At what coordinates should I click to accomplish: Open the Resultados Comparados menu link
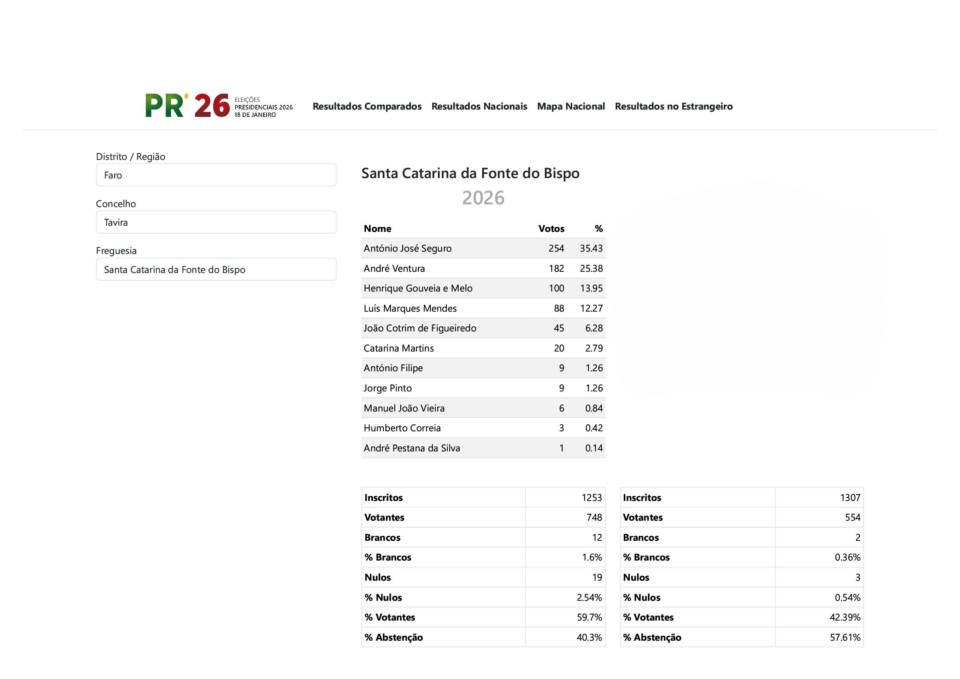pos(367,106)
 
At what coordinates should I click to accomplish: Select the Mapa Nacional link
pos(571,106)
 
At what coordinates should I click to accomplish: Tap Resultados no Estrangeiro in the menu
pos(673,106)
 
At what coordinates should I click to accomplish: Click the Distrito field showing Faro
pos(216,175)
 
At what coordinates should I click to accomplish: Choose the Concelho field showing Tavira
pos(216,222)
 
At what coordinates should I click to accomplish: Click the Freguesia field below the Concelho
pos(216,269)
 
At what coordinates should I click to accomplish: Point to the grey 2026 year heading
pos(483,198)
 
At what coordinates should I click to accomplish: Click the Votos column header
pos(551,229)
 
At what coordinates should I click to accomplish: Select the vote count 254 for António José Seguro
pos(556,249)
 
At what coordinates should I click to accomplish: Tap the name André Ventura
pos(394,269)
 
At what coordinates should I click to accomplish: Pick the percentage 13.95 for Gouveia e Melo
pos(591,288)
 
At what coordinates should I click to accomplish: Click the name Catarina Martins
pos(399,348)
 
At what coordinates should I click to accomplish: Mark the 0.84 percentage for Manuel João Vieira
pos(594,408)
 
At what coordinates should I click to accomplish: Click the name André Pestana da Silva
pos(411,448)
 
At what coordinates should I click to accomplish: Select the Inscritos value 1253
pos(591,498)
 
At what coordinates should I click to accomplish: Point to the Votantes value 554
pos(852,518)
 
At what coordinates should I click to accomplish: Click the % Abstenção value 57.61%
pos(845,638)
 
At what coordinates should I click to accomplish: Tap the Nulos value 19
pos(597,578)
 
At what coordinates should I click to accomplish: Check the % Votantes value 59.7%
pos(589,617)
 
